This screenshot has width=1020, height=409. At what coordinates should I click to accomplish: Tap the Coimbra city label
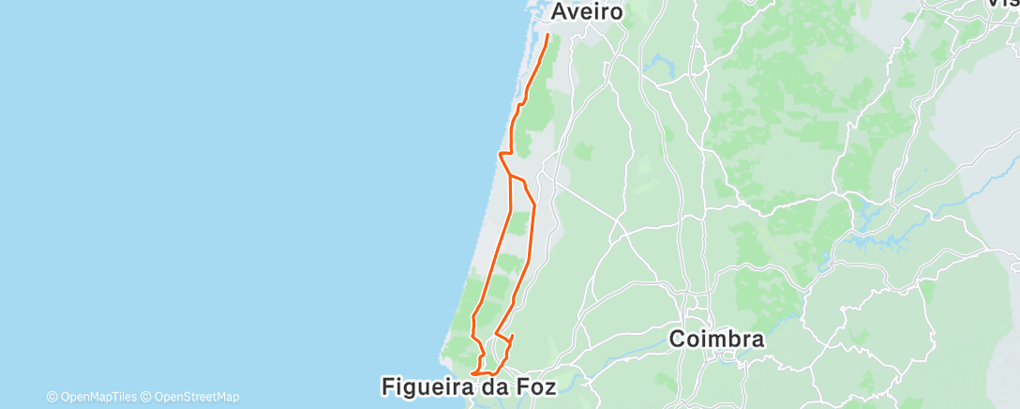point(717,340)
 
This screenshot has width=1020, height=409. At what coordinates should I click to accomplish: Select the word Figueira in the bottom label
point(427,386)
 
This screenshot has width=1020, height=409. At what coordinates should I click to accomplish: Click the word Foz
point(534,386)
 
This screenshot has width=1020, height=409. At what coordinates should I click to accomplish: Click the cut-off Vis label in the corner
point(1004,4)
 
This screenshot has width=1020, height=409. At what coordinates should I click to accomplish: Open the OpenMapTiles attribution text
point(97,397)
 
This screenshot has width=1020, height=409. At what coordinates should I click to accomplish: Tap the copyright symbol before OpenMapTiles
point(52,397)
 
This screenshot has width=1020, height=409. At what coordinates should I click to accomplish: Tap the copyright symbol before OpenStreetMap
point(147,397)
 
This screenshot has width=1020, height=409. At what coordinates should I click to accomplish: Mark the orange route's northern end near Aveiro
point(548,36)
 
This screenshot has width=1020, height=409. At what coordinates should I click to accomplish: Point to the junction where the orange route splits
point(509,175)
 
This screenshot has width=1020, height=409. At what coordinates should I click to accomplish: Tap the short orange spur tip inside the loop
point(512,335)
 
